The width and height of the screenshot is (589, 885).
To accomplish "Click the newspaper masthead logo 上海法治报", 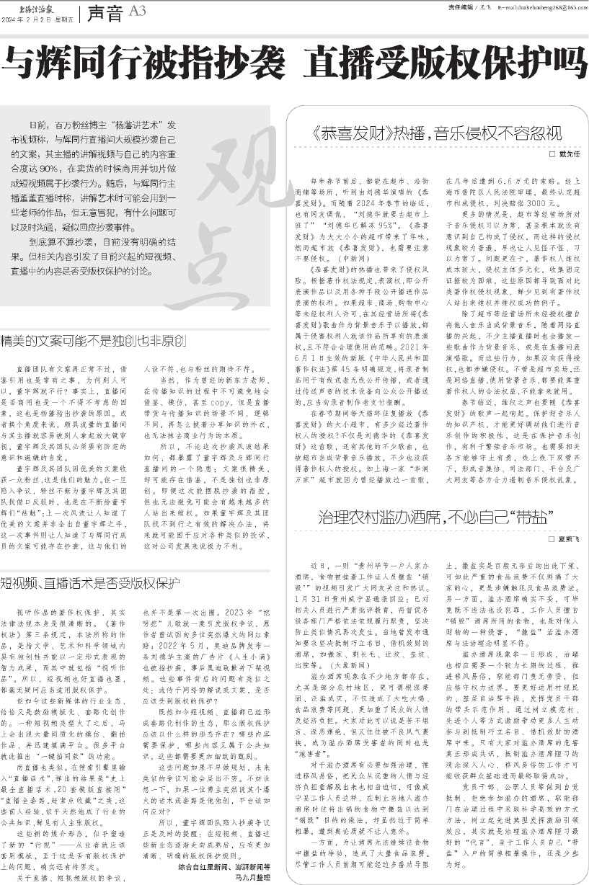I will pos(22,6).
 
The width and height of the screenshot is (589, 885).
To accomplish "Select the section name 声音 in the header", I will pos(106,12).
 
